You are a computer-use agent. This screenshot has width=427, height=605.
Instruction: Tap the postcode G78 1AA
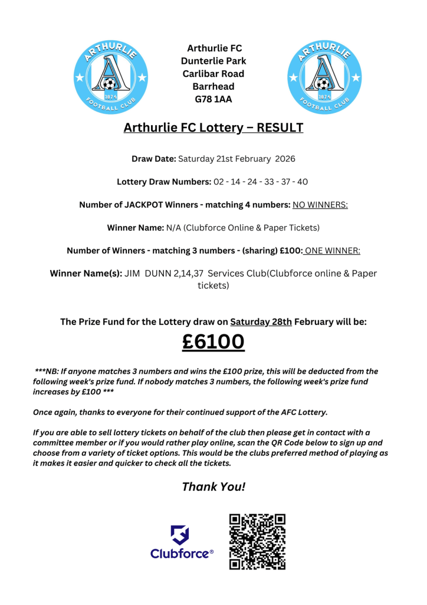pos(213,99)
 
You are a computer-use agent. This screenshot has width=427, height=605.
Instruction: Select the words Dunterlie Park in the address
pos(213,61)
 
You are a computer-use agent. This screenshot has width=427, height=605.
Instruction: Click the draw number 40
pos(302,181)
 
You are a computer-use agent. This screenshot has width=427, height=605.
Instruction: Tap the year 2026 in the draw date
pos(283,159)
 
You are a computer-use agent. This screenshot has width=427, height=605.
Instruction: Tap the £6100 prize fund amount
pos(213,342)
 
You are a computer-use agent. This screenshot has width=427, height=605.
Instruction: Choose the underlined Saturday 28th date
pos(261,322)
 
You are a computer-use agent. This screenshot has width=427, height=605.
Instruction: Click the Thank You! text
pos(213,487)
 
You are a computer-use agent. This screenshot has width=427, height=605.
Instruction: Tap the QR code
pos(257,542)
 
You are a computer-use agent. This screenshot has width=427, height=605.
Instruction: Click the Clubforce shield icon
pos(180,535)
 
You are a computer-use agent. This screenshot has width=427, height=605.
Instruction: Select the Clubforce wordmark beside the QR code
pos(182,554)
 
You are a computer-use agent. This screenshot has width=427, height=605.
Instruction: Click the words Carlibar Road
pos(213,74)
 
